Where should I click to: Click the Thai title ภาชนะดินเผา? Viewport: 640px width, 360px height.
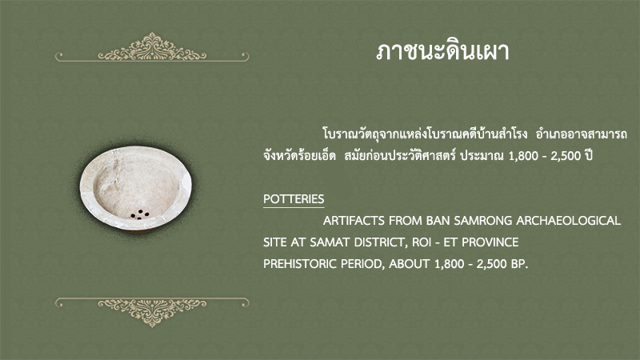442,51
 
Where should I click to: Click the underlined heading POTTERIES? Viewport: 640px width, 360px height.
294,199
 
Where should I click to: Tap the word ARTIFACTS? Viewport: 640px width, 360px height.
354,221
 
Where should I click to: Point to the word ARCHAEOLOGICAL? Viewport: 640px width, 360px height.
569,221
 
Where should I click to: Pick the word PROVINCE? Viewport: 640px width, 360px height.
490,242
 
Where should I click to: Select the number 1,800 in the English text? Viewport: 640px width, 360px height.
450,264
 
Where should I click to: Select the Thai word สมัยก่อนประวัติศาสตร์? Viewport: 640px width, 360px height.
399,155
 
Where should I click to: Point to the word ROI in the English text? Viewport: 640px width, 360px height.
422,242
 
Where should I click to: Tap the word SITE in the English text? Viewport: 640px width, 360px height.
275,242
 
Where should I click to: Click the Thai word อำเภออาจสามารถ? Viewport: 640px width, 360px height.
582,134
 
